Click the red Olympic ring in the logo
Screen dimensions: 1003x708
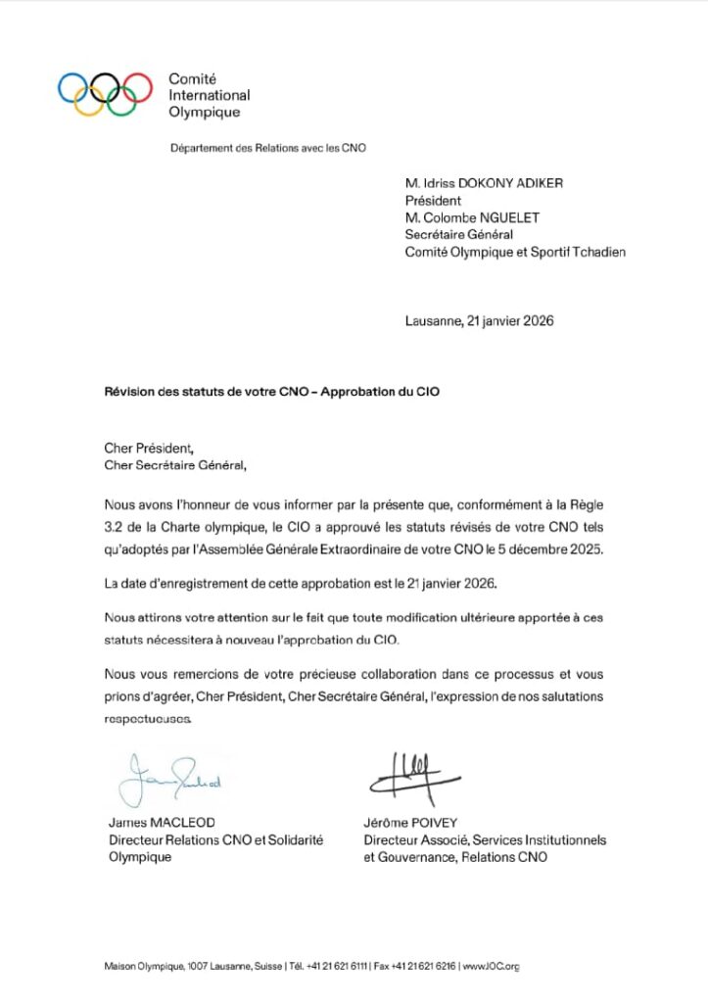tap(138, 86)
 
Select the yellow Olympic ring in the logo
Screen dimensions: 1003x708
tap(90, 101)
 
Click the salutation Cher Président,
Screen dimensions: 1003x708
tap(149, 449)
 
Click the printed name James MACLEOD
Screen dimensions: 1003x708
tap(161, 823)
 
